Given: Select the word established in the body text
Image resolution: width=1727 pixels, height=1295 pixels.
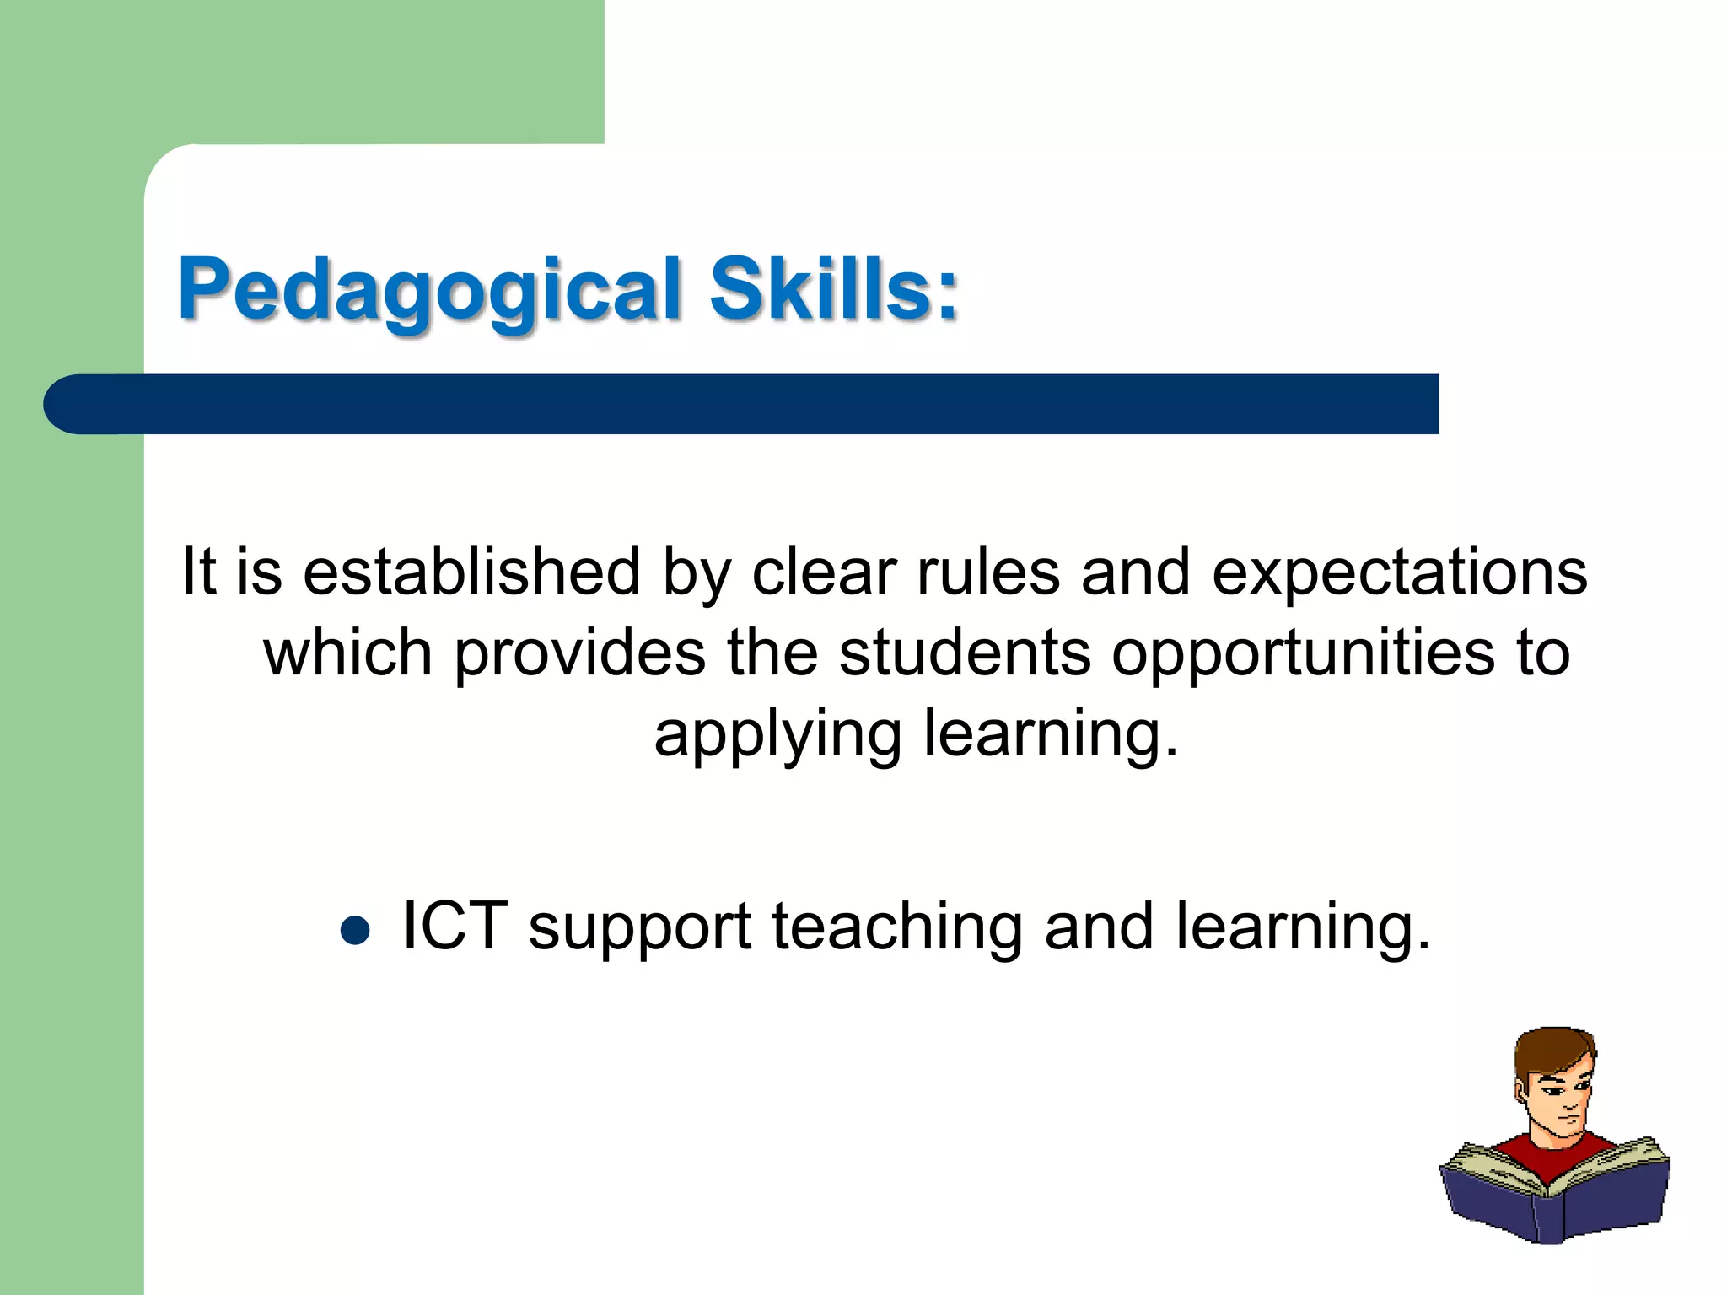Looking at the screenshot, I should [x=471, y=572].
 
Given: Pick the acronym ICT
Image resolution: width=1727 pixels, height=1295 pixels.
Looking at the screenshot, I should [x=455, y=926].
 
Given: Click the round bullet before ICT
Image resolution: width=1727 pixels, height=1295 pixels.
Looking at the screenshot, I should [x=355, y=931].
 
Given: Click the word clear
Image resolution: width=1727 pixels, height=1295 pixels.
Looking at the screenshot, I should [x=823, y=572].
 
